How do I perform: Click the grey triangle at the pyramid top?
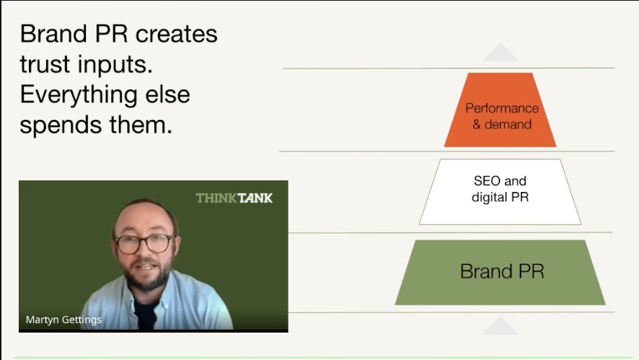(x=500, y=53)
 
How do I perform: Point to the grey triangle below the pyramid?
(x=500, y=327)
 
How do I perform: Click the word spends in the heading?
(x=62, y=125)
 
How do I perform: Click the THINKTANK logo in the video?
(x=234, y=198)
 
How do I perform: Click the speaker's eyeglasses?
(x=144, y=243)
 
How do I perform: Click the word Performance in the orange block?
(x=502, y=108)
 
